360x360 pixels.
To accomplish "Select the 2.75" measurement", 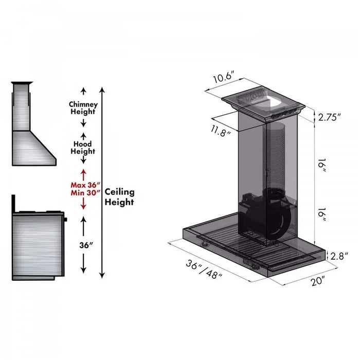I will click(x=330, y=117).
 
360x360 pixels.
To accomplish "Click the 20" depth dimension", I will click(x=318, y=281).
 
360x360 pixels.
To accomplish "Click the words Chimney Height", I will click(x=83, y=108).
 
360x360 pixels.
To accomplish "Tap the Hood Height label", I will click(x=83, y=148).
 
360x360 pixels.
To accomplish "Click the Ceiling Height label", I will click(x=119, y=196).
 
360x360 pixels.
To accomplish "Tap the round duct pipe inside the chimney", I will click(x=279, y=154).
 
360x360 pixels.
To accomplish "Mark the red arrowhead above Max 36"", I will click(x=83, y=172).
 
